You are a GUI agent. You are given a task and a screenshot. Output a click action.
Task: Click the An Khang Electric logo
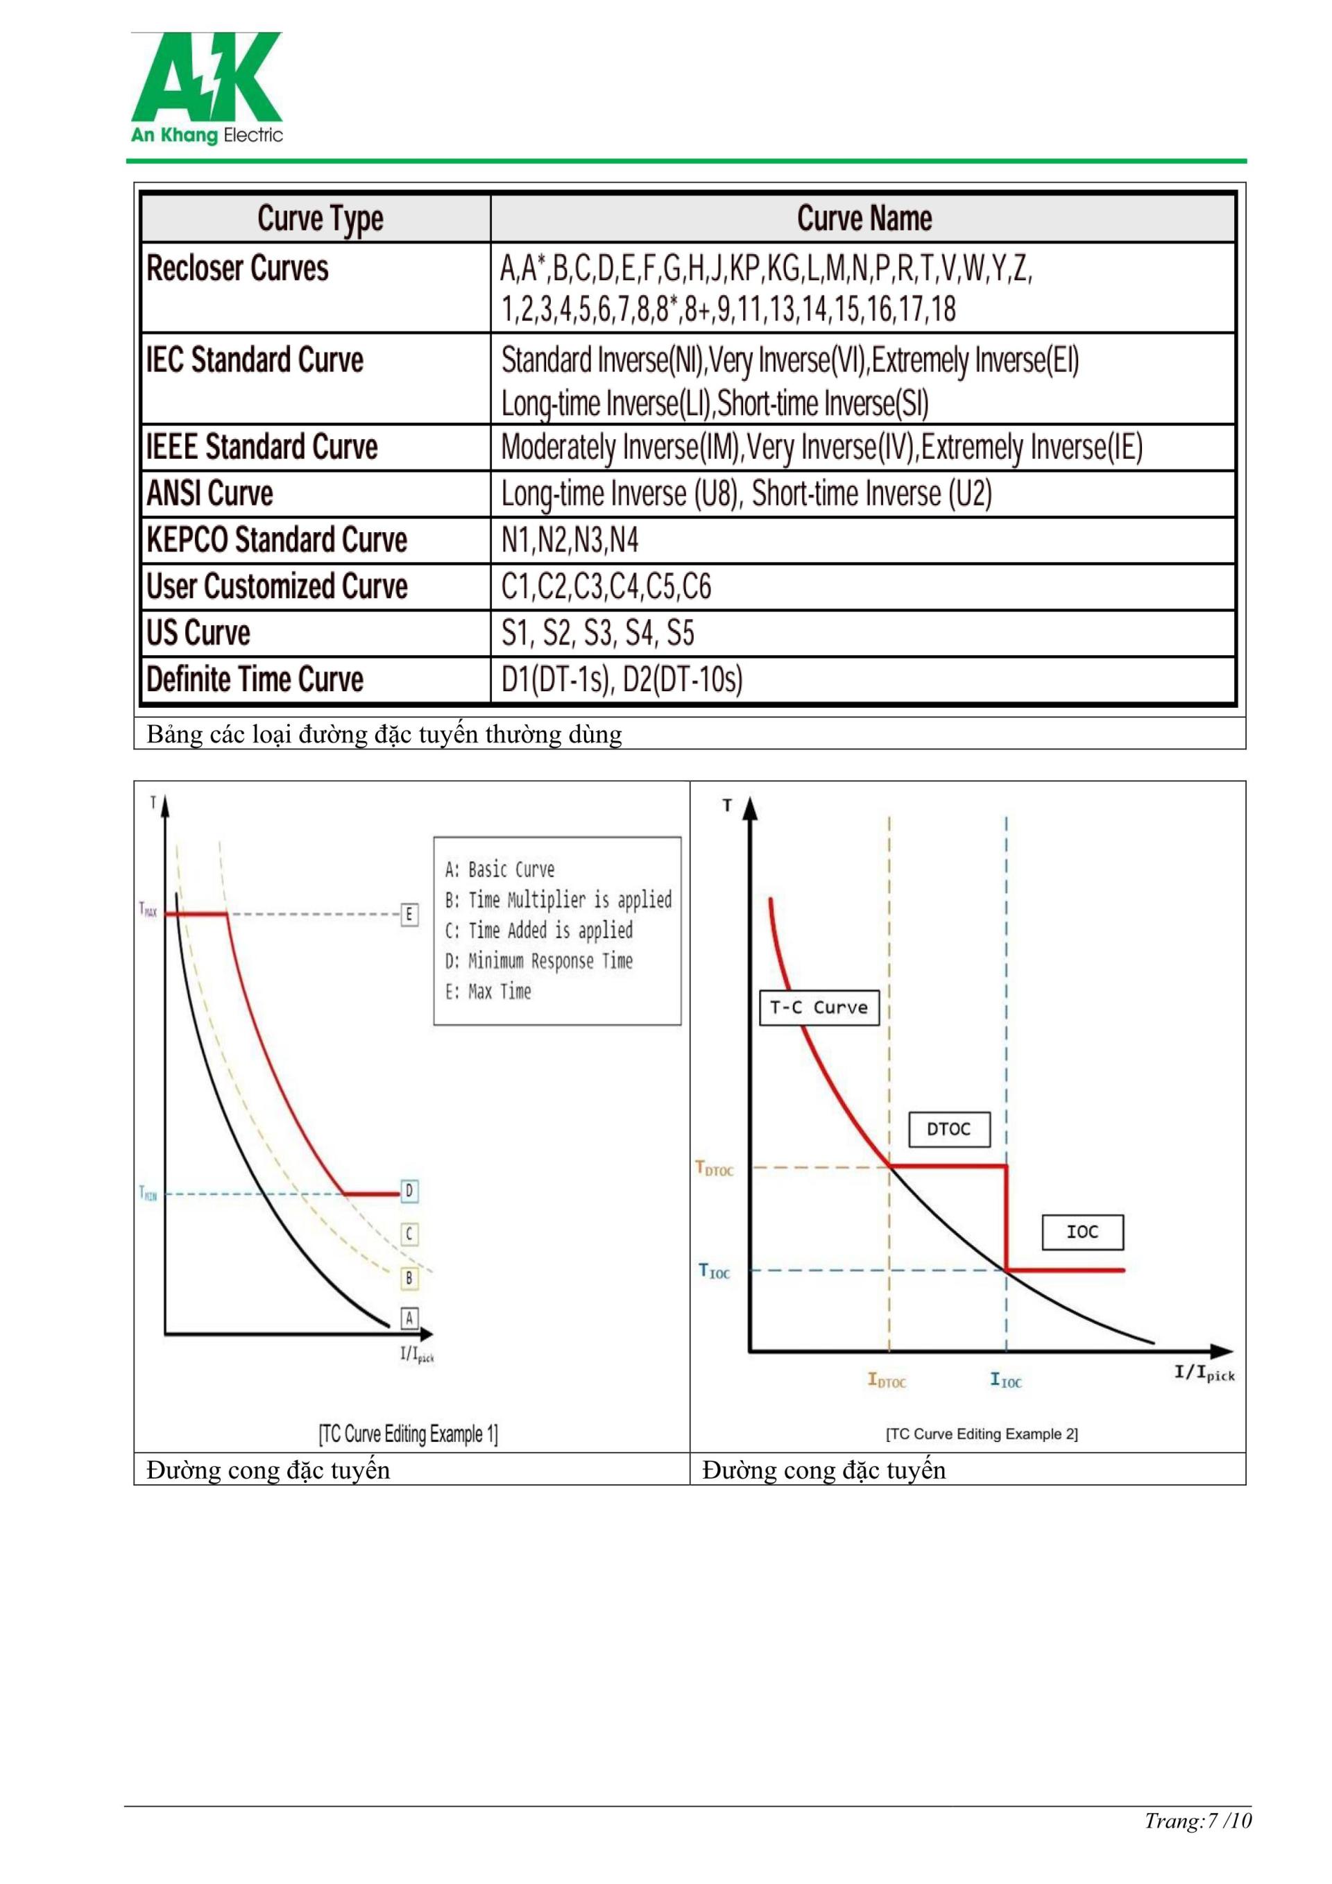(x=207, y=89)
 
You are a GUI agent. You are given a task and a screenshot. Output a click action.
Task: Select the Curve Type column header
(x=320, y=219)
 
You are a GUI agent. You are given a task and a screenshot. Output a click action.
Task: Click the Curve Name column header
(x=864, y=219)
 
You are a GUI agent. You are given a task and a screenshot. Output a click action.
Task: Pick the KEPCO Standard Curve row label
(x=276, y=540)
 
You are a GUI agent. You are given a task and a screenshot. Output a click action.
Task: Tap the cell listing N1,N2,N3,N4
(x=570, y=540)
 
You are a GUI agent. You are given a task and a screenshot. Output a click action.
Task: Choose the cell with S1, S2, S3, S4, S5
(x=598, y=633)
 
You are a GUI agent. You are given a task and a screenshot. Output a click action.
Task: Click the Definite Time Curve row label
(x=255, y=679)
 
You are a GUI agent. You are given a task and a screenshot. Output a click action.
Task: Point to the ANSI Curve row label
(x=210, y=493)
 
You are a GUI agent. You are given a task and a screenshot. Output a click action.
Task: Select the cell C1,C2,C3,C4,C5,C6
(x=606, y=586)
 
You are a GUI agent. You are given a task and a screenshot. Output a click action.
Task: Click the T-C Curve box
(x=819, y=1007)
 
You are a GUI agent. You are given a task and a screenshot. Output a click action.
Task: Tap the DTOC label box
(x=949, y=1129)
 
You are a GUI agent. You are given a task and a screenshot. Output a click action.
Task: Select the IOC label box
(x=1082, y=1232)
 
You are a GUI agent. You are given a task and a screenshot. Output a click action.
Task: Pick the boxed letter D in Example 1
(x=409, y=1191)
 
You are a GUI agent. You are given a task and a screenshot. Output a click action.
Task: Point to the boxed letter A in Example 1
(x=409, y=1318)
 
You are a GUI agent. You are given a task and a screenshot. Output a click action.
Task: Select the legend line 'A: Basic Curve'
(x=499, y=869)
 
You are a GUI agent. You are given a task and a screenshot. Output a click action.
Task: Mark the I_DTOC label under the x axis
(x=887, y=1380)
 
